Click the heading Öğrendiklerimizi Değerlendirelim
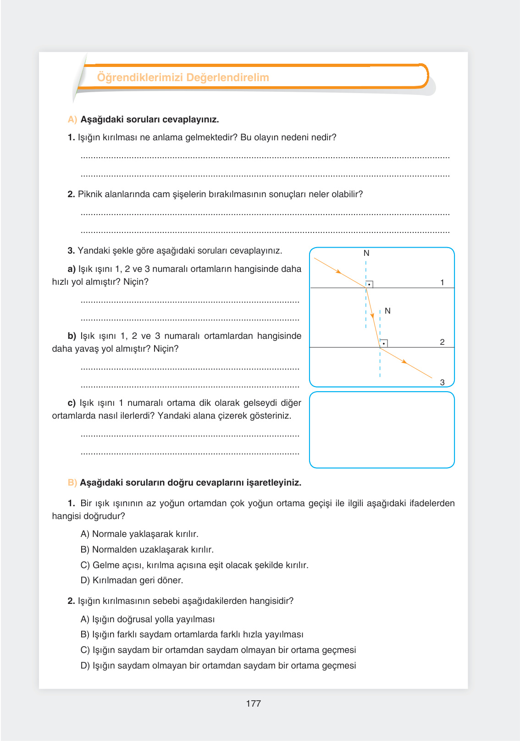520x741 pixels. pyautogui.click(x=183, y=77)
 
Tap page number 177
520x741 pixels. pyautogui.click(x=253, y=703)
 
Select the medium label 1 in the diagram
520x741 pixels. pyautogui.click(x=442, y=282)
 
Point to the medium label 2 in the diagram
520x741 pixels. pyautogui.click(x=442, y=342)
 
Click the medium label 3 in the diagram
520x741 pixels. pyautogui.click(x=442, y=382)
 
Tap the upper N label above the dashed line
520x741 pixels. pyautogui.click(x=366, y=253)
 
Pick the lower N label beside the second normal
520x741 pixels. pyautogui.click(x=387, y=311)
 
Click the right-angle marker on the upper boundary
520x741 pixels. pyautogui.click(x=369, y=284)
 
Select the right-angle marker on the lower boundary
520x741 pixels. pyautogui.click(x=384, y=343)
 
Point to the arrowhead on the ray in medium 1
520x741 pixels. pyautogui.click(x=338, y=272)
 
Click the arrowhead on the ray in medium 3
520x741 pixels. pyautogui.click(x=404, y=362)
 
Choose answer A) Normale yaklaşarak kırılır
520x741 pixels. pyautogui.click(x=139, y=534)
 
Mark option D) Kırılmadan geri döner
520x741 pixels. pyautogui.click(x=132, y=580)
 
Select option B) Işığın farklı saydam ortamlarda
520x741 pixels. pyautogui.click(x=192, y=634)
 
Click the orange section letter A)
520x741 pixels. pyautogui.click(x=72, y=120)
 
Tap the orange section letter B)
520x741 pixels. pyautogui.click(x=72, y=483)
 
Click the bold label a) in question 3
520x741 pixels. pyautogui.click(x=72, y=269)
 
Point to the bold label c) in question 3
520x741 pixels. pyautogui.click(x=72, y=403)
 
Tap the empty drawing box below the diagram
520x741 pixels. pyautogui.click(x=382, y=430)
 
